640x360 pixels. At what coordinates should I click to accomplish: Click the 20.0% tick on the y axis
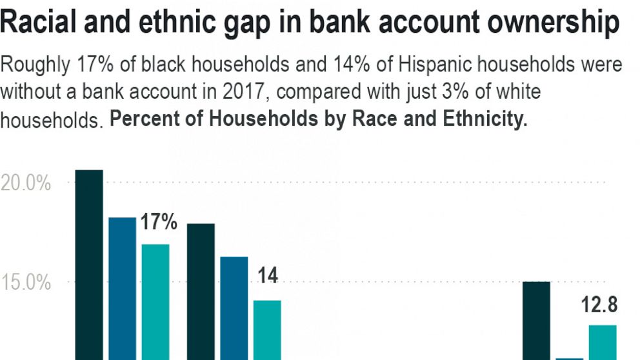(26, 183)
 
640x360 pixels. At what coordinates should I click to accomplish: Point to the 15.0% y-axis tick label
(26, 283)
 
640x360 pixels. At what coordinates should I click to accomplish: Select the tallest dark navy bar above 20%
(89, 265)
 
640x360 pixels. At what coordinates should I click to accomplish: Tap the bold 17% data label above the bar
(159, 223)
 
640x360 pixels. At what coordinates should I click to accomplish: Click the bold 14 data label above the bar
(268, 276)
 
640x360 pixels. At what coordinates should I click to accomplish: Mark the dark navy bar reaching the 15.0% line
(536, 320)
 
